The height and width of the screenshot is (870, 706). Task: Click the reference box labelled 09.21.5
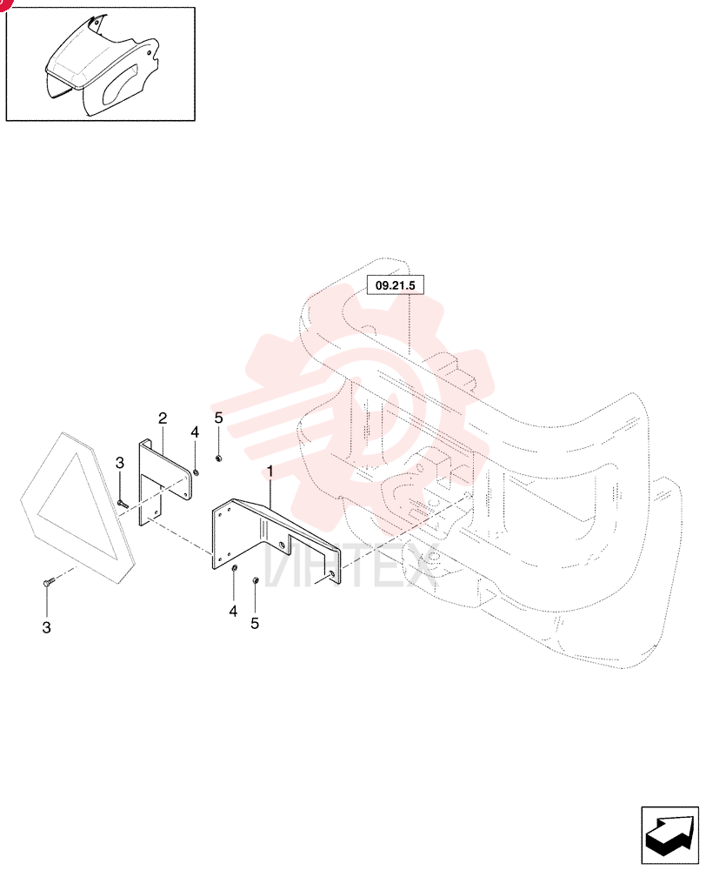[x=396, y=285]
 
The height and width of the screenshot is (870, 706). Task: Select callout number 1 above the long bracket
[x=270, y=472]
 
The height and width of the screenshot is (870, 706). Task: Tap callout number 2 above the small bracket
[x=163, y=418]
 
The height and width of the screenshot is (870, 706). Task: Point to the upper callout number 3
[x=120, y=463]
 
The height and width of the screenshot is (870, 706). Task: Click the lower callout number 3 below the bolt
[x=47, y=627]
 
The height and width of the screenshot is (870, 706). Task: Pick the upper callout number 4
[x=195, y=432]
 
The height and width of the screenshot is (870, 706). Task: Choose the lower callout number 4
[x=233, y=611]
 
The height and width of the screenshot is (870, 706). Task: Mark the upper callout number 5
[x=218, y=418]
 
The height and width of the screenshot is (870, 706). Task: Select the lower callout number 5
[x=255, y=624]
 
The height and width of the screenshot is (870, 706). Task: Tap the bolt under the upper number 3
[x=123, y=504]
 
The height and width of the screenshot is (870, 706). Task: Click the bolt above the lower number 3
[x=47, y=583]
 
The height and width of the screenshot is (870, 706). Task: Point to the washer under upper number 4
[x=196, y=472]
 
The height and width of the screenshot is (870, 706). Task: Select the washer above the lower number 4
[x=234, y=567]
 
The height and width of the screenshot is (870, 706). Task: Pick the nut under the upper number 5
[x=218, y=458]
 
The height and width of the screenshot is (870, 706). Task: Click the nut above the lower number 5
[x=255, y=579]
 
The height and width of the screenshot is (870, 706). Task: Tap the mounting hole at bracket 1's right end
[x=331, y=573]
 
